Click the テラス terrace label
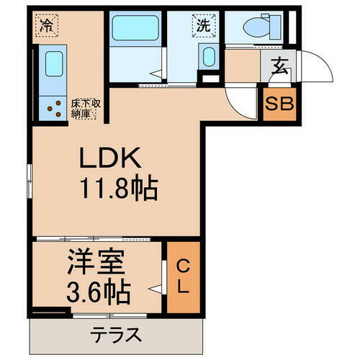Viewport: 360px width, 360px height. [115, 335]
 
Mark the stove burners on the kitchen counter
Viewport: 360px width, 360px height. [55, 107]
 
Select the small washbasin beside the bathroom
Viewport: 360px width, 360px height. [208, 57]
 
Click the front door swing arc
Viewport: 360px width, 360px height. [314, 69]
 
